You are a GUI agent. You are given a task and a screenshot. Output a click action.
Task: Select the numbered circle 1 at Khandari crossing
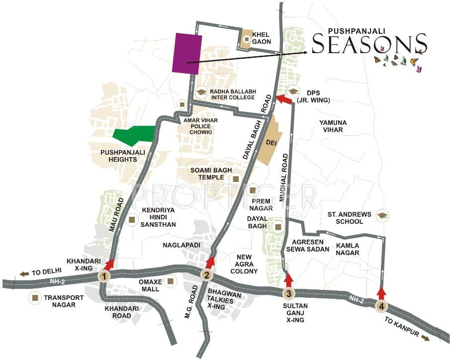coord(104,276)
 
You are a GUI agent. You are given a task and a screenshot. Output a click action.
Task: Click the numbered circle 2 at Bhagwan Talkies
coord(207,275)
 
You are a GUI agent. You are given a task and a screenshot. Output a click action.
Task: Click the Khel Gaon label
coord(262,38)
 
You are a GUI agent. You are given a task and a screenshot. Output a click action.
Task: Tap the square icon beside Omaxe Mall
coord(171,281)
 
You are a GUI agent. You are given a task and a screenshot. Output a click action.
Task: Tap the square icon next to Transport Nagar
coord(35,298)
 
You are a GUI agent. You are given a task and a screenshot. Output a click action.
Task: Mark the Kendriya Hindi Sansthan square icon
coord(132,220)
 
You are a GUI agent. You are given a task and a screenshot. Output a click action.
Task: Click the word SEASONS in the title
coord(369,45)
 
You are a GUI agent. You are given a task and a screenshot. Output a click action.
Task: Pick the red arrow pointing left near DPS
coord(283,99)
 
